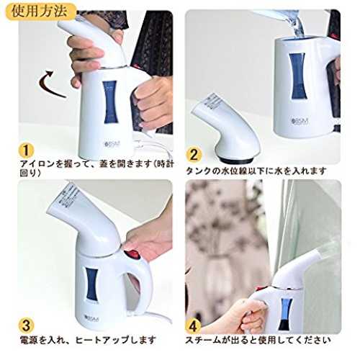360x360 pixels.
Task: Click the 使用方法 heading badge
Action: (x=40, y=12)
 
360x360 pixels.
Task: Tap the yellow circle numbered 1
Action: (x=26, y=150)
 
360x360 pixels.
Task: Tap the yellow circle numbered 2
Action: (x=194, y=155)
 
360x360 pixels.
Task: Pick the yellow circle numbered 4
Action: (x=194, y=325)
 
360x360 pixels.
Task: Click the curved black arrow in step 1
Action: (x=48, y=84)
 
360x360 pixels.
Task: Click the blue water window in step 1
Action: (x=110, y=102)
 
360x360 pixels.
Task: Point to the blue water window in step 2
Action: (x=298, y=76)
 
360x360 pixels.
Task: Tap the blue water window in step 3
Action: (x=92, y=284)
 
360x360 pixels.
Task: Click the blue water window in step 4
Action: (x=285, y=313)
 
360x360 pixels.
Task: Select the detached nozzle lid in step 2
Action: (x=225, y=128)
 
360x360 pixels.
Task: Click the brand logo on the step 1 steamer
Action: (x=112, y=144)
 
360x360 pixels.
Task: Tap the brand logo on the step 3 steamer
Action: (x=92, y=319)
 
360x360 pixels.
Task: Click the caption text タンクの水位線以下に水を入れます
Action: (x=256, y=171)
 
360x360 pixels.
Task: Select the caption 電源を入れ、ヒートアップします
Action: (x=88, y=340)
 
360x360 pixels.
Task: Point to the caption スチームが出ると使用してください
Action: (x=258, y=340)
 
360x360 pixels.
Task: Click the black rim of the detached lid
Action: (x=236, y=161)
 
